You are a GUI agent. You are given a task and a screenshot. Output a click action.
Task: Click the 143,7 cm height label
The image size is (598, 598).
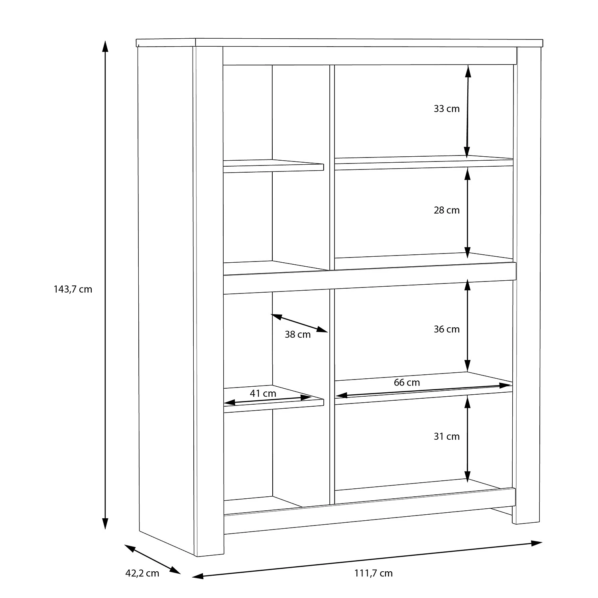pyautogui.click(x=73, y=289)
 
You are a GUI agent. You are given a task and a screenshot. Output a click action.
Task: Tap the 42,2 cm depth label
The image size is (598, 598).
pyautogui.click(x=142, y=573)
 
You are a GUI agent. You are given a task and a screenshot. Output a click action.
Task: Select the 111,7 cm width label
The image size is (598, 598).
pyautogui.click(x=373, y=573)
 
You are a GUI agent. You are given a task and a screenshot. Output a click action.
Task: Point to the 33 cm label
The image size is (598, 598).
pyautogui.click(x=447, y=109)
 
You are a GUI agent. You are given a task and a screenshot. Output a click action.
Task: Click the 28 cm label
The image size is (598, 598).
pyautogui.click(x=447, y=210)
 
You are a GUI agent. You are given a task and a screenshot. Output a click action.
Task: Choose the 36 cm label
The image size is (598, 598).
pyautogui.click(x=447, y=329)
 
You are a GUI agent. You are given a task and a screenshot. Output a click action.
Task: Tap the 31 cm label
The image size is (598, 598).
pyautogui.click(x=447, y=437)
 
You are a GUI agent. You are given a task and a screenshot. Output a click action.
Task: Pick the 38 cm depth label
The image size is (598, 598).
pyautogui.click(x=297, y=334)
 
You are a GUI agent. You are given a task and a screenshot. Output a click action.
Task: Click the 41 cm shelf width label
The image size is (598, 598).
pyautogui.click(x=263, y=393)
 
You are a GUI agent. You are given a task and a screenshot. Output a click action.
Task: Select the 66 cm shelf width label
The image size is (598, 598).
pyautogui.click(x=407, y=383)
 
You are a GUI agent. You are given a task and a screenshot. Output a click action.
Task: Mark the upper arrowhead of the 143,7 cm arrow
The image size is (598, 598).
pyautogui.click(x=105, y=46)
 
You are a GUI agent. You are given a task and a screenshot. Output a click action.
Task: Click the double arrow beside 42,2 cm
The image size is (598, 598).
pyautogui.click(x=153, y=559)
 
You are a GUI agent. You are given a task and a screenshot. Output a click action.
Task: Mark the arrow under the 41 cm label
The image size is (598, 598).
pyautogui.click(x=268, y=400)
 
